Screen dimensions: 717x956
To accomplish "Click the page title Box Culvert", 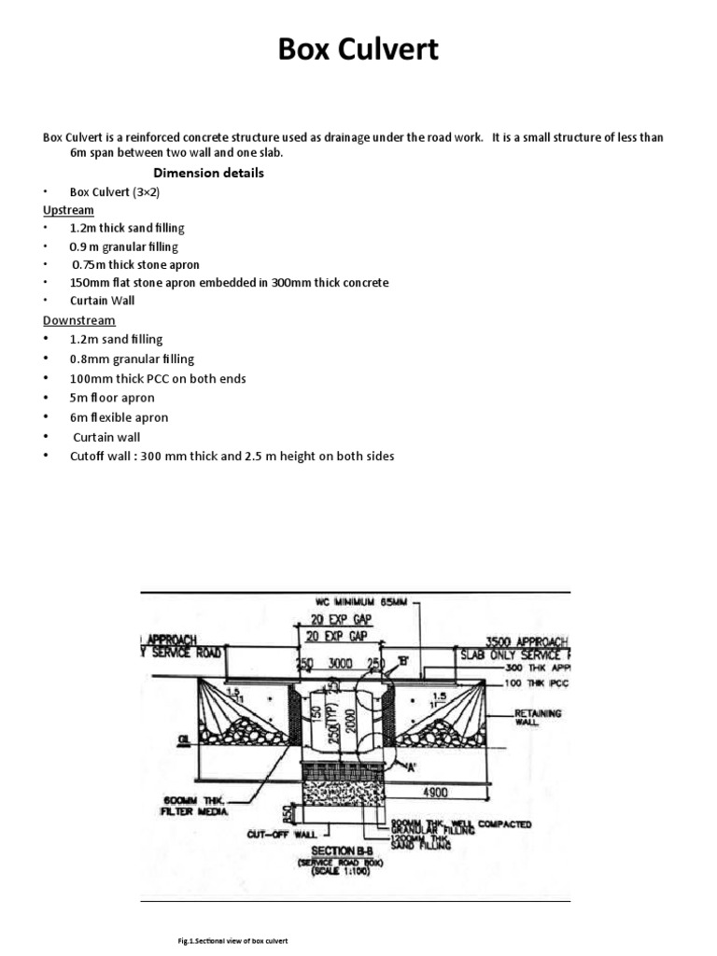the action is pyautogui.click(x=358, y=49).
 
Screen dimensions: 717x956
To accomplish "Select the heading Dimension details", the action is pyautogui.click(x=208, y=173).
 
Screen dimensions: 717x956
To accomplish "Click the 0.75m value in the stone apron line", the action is pyautogui.click(x=89, y=264).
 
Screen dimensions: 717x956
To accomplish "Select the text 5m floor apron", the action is pyautogui.click(x=112, y=398).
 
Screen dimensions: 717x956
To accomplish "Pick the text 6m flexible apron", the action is pyautogui.click(x=119, y=417).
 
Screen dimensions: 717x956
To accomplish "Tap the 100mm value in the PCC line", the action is pyautogui.click(x=89, y=378).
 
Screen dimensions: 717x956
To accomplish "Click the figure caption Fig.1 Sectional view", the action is pyautogui.click(x=226, y=941).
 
